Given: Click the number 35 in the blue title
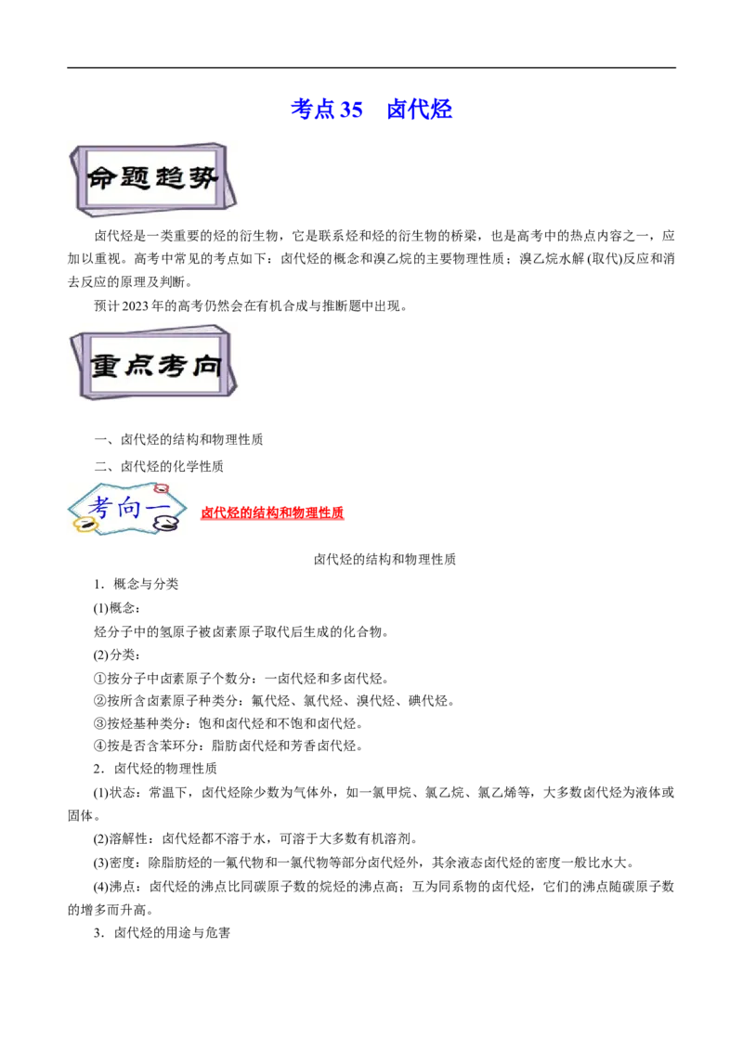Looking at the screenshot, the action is pyautogui.click(x=351, y=110).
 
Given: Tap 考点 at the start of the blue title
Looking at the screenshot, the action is pyautogui.click(x=313, y=110).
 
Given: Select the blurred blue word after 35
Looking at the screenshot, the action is pyautogui.click(x=419, y=110).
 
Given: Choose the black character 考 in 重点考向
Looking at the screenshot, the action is pyautogui.click(x=173, y=365).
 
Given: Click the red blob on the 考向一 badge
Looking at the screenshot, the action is pyautogui.click(x=162, y=487).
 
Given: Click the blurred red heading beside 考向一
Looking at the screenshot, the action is pyautogui.click(x=273, y=513).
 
